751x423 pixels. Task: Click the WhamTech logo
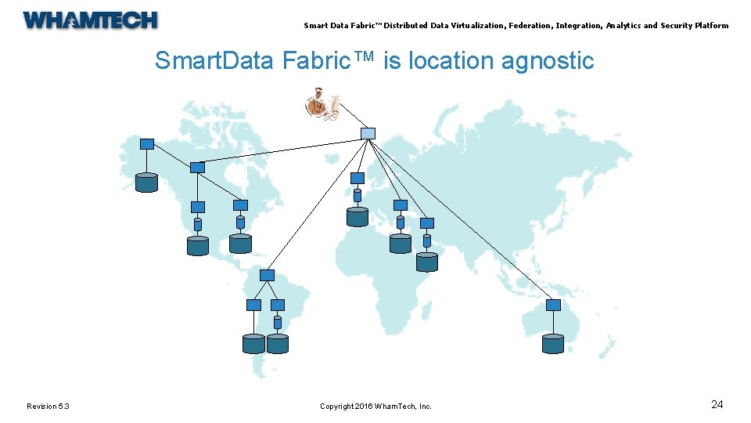tap(91, 20)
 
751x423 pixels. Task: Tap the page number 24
tap(717, 404)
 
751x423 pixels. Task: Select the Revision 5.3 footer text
tap(48, 406)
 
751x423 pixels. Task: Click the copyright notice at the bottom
tap(375, 406)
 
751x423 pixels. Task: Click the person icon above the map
tap(322, 104)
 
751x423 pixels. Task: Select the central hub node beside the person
tap(368, 133)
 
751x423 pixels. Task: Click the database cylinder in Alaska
tap(146, 183)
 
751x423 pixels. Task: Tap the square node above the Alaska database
tap(146, 144)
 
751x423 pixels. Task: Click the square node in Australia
tap(553, 305)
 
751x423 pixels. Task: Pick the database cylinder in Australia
tap(553, 343)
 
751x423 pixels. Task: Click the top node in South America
tap(267, 275)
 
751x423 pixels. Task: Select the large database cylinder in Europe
tap(358, 216)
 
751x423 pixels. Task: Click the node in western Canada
tap(197, 168)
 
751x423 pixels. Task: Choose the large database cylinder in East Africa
tap(427, 261)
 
